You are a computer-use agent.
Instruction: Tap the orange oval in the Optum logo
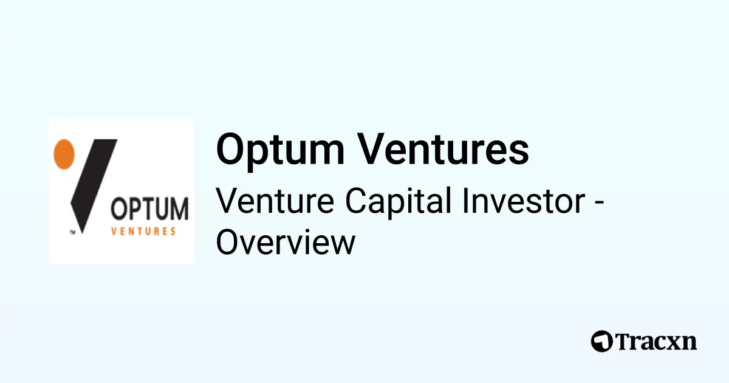[64, 153]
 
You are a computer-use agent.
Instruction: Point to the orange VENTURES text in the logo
[145, 231]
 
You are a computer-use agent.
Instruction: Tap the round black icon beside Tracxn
[601, 341]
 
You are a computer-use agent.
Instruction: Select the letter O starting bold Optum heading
[230, 150]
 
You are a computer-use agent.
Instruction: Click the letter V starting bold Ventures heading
[373, 150]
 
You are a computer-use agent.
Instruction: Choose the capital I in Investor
[468, 201]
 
